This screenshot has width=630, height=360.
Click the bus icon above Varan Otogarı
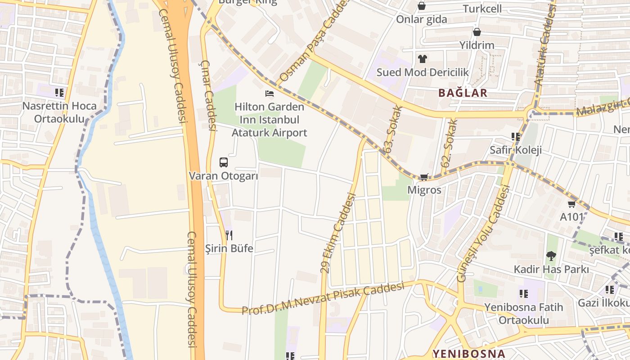[x=223, y=162]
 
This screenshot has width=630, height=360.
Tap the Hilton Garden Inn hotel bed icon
[x=270, y=94]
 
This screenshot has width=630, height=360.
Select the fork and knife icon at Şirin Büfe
[x=229, y=235]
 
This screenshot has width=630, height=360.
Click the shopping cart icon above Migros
[x=424, y=177]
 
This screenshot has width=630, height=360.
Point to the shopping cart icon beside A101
[x=571, y=204]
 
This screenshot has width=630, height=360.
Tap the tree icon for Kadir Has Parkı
[x=551, y=256]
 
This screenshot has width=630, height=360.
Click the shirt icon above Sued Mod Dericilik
[x=422, y=58]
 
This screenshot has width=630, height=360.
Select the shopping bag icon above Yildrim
[x=477, y=32]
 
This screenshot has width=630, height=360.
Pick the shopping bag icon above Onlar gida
[x=422, y=6]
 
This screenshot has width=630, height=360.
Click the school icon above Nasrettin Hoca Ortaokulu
[x=59, y=93]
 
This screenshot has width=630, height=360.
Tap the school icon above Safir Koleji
[x=515, y=136]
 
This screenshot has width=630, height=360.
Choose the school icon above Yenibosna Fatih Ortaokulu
[x=523, y=294]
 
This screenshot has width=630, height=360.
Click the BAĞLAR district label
[x=463, y=93]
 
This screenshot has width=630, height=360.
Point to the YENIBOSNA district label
[x=468, y=353]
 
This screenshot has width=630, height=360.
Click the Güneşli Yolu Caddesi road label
[x=484, y=234]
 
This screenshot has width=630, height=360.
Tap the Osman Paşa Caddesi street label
[x=315, y=40]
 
